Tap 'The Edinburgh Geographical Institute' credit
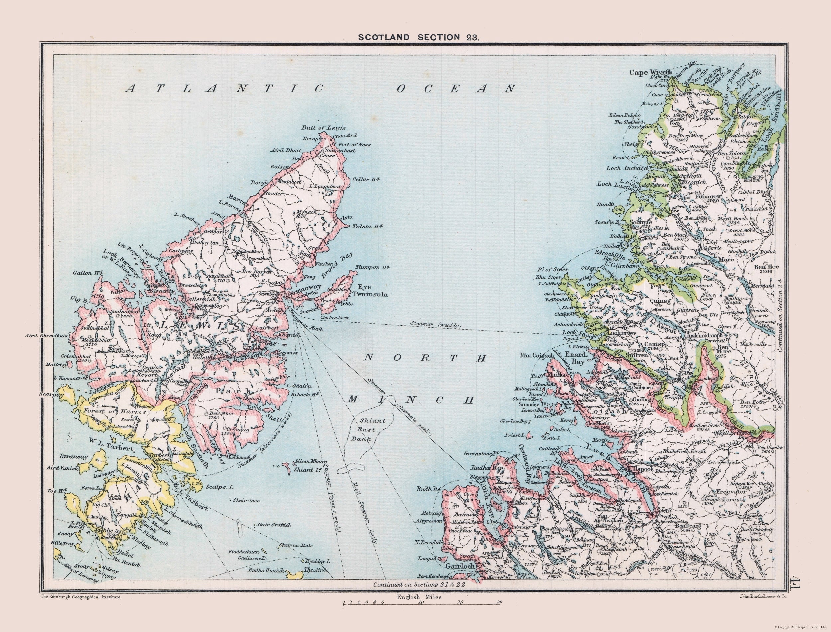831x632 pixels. pyautogui.click(x=80, y=617)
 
